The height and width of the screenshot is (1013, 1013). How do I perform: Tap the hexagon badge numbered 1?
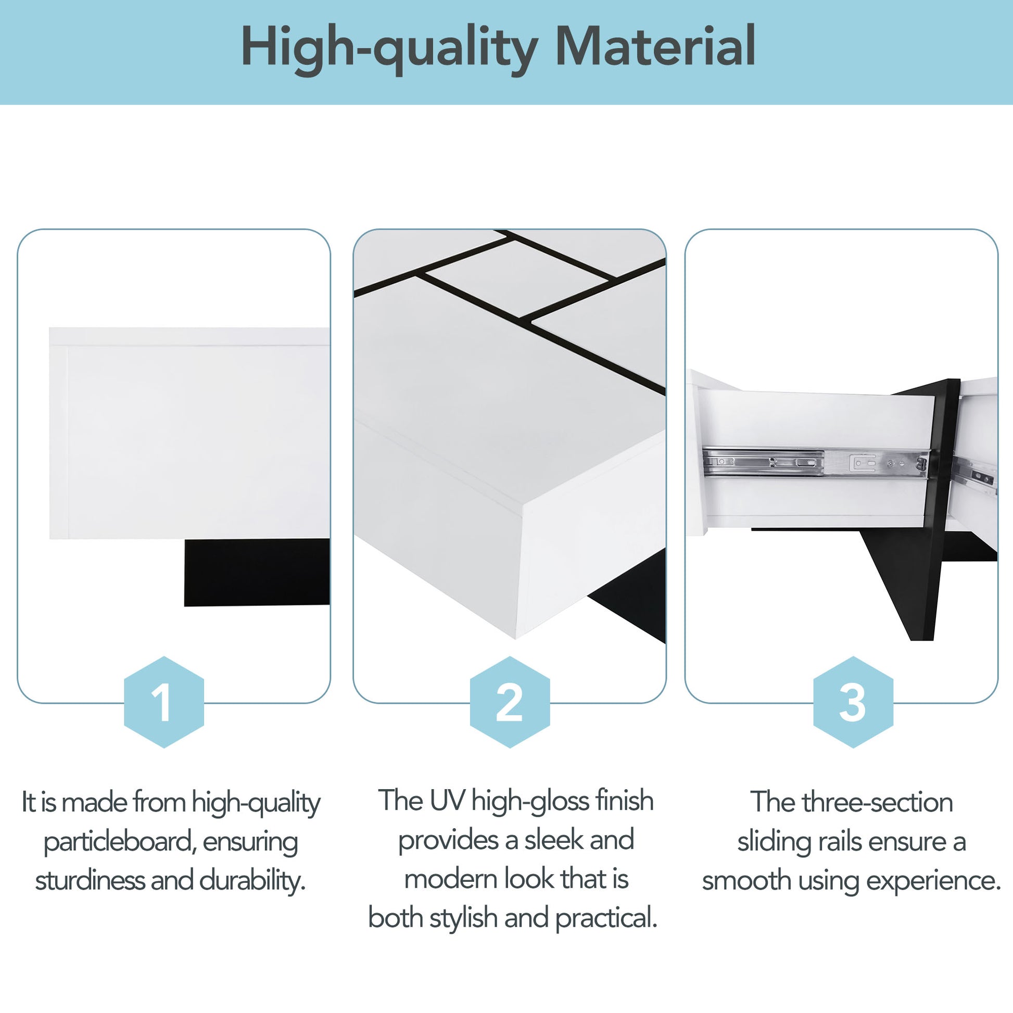[163, 702]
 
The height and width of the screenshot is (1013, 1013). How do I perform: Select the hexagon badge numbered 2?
[509, 702]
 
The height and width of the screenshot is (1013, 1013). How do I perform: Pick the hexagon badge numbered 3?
[853, 702]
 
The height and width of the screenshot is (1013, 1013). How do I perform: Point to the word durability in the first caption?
[251, 881]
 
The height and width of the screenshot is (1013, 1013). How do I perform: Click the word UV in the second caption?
[447, 801]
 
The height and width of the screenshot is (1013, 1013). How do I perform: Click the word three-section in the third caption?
[877, 803]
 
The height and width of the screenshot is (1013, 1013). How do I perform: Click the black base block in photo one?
[257, 573]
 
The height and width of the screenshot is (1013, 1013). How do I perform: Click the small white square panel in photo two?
[516, 278]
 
